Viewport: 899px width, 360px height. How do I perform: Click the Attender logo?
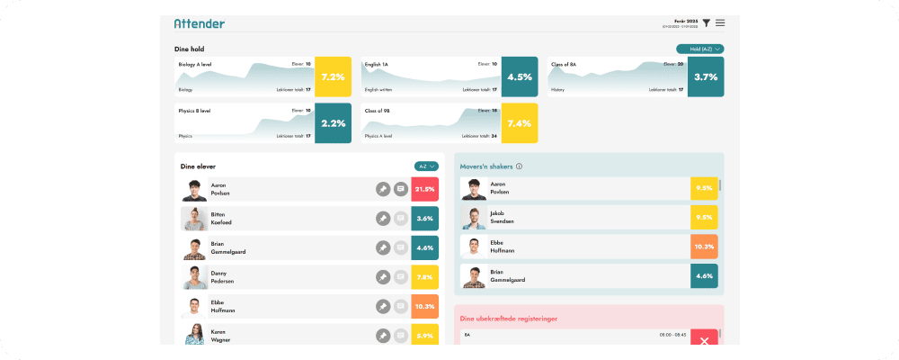point(199,23)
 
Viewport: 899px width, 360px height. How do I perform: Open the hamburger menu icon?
point(720,22)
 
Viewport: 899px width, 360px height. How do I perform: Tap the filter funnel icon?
point(707,22)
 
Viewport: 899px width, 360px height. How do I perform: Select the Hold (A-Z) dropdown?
point(699,49)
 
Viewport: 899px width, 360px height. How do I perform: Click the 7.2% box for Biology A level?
point(333,77)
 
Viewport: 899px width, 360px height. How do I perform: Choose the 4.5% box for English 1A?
point(520,77)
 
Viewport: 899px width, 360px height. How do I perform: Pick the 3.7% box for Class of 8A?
point(706,77)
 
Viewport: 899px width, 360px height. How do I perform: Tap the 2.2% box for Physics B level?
point(333,123)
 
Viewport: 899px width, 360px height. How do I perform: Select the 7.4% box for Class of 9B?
point(520,123)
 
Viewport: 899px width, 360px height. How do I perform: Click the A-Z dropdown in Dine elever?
point(426,166)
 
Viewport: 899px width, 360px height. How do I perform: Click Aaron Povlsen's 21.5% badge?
point(424,190)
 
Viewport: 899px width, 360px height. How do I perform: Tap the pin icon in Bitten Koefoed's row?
point(383,219)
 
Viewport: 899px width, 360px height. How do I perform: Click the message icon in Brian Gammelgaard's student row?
point(401,247)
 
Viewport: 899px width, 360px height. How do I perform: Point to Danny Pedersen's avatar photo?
point(195,276)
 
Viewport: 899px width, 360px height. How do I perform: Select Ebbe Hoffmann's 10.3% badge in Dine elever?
point(424,306)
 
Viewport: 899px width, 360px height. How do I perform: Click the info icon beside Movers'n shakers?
point(520,166)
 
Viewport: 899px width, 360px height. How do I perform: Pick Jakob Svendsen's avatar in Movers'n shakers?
point(474,218)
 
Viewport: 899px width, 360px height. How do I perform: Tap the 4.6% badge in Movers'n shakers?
point(704,276)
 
